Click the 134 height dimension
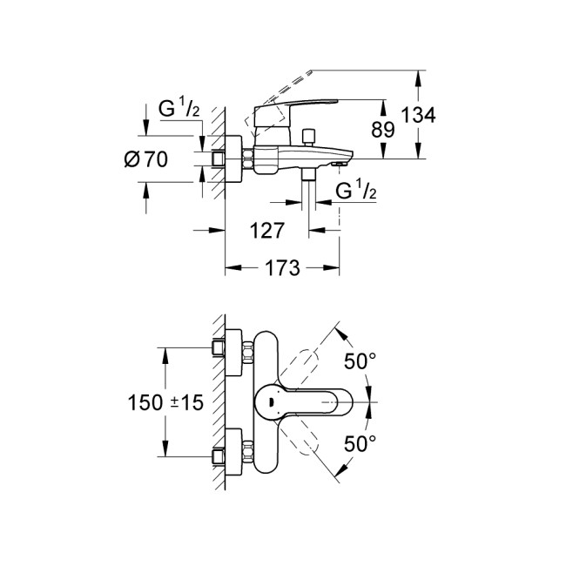[419, 115]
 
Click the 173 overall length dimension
[281, 267]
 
